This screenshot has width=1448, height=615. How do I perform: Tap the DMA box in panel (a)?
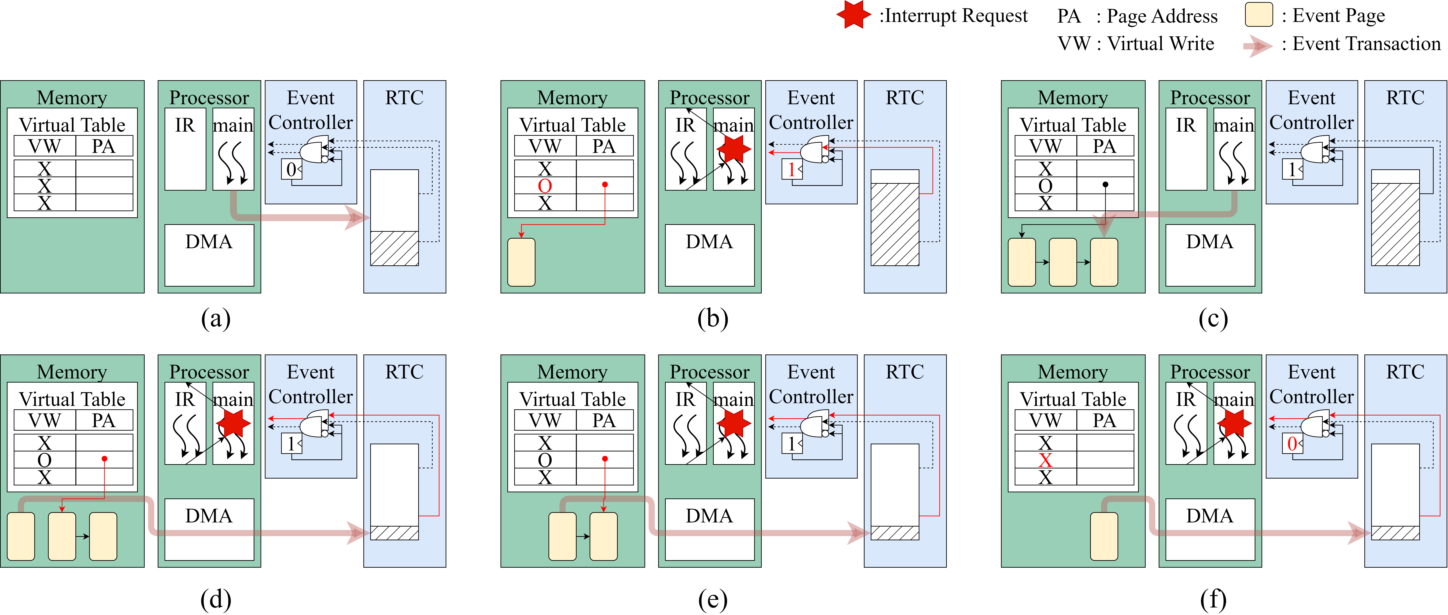209,255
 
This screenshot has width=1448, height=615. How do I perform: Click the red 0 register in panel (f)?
1292,444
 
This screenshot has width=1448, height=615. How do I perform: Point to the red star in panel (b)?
734,148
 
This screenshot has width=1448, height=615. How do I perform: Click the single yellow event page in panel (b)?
521,262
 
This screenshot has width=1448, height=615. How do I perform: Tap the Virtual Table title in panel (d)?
72,399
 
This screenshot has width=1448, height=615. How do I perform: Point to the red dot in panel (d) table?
105,459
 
